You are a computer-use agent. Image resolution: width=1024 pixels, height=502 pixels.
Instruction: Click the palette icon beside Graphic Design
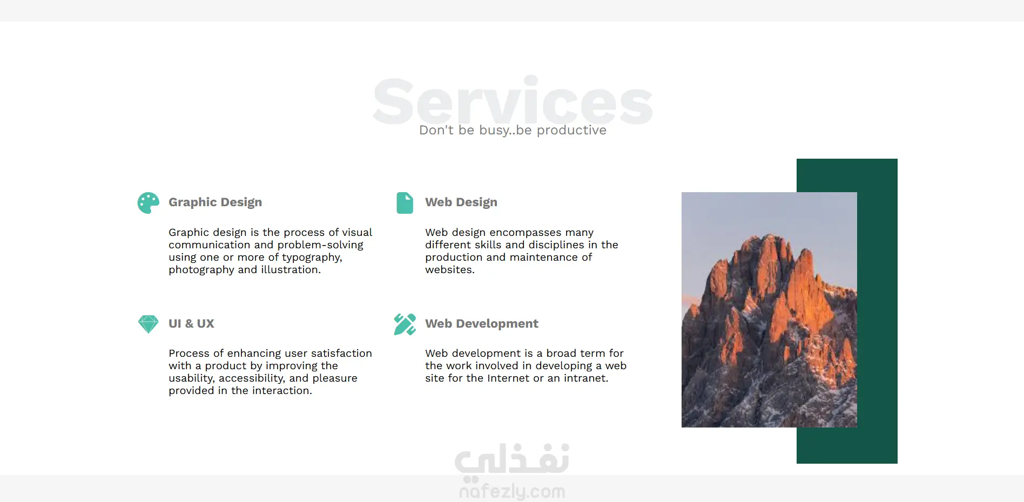148,203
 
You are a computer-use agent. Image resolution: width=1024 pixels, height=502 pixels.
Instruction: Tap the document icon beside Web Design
405,203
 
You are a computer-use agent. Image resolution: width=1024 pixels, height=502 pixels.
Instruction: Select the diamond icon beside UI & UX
148,324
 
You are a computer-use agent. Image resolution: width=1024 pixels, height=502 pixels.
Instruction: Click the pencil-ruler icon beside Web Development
405,324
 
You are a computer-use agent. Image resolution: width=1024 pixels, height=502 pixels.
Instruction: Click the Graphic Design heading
215,202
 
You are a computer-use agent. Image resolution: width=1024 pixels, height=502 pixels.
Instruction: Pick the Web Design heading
461,202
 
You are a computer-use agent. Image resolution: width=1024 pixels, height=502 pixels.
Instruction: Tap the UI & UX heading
191,324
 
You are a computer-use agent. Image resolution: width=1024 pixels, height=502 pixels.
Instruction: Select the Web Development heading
481,324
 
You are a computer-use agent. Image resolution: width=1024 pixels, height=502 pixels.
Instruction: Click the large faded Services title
512,101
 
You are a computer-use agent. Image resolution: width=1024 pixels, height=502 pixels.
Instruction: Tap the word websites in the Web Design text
449,270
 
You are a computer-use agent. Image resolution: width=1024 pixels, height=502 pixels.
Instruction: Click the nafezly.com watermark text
512,491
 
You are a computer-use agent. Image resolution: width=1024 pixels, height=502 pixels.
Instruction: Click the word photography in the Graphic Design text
201,270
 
